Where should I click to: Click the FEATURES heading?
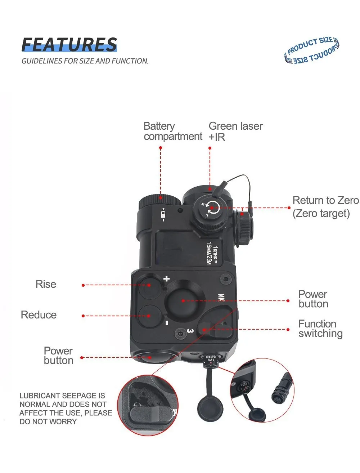[69, 45]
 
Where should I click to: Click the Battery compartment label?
[172, 131]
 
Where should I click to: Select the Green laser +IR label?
[235, 131]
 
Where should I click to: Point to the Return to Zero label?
[325, 207]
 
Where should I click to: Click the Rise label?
[46, 284]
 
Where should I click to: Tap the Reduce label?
[39, 315]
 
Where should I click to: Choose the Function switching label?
[320, 329]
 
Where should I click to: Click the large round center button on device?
[183, 300]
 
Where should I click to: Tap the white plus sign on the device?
[166, 278]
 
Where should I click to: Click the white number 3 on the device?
[190, 330]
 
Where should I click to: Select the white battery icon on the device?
[164, 215]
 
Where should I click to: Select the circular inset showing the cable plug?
[262, 390]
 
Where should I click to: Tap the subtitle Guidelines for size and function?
[85, 61]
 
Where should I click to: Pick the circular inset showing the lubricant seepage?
[148, 405]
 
